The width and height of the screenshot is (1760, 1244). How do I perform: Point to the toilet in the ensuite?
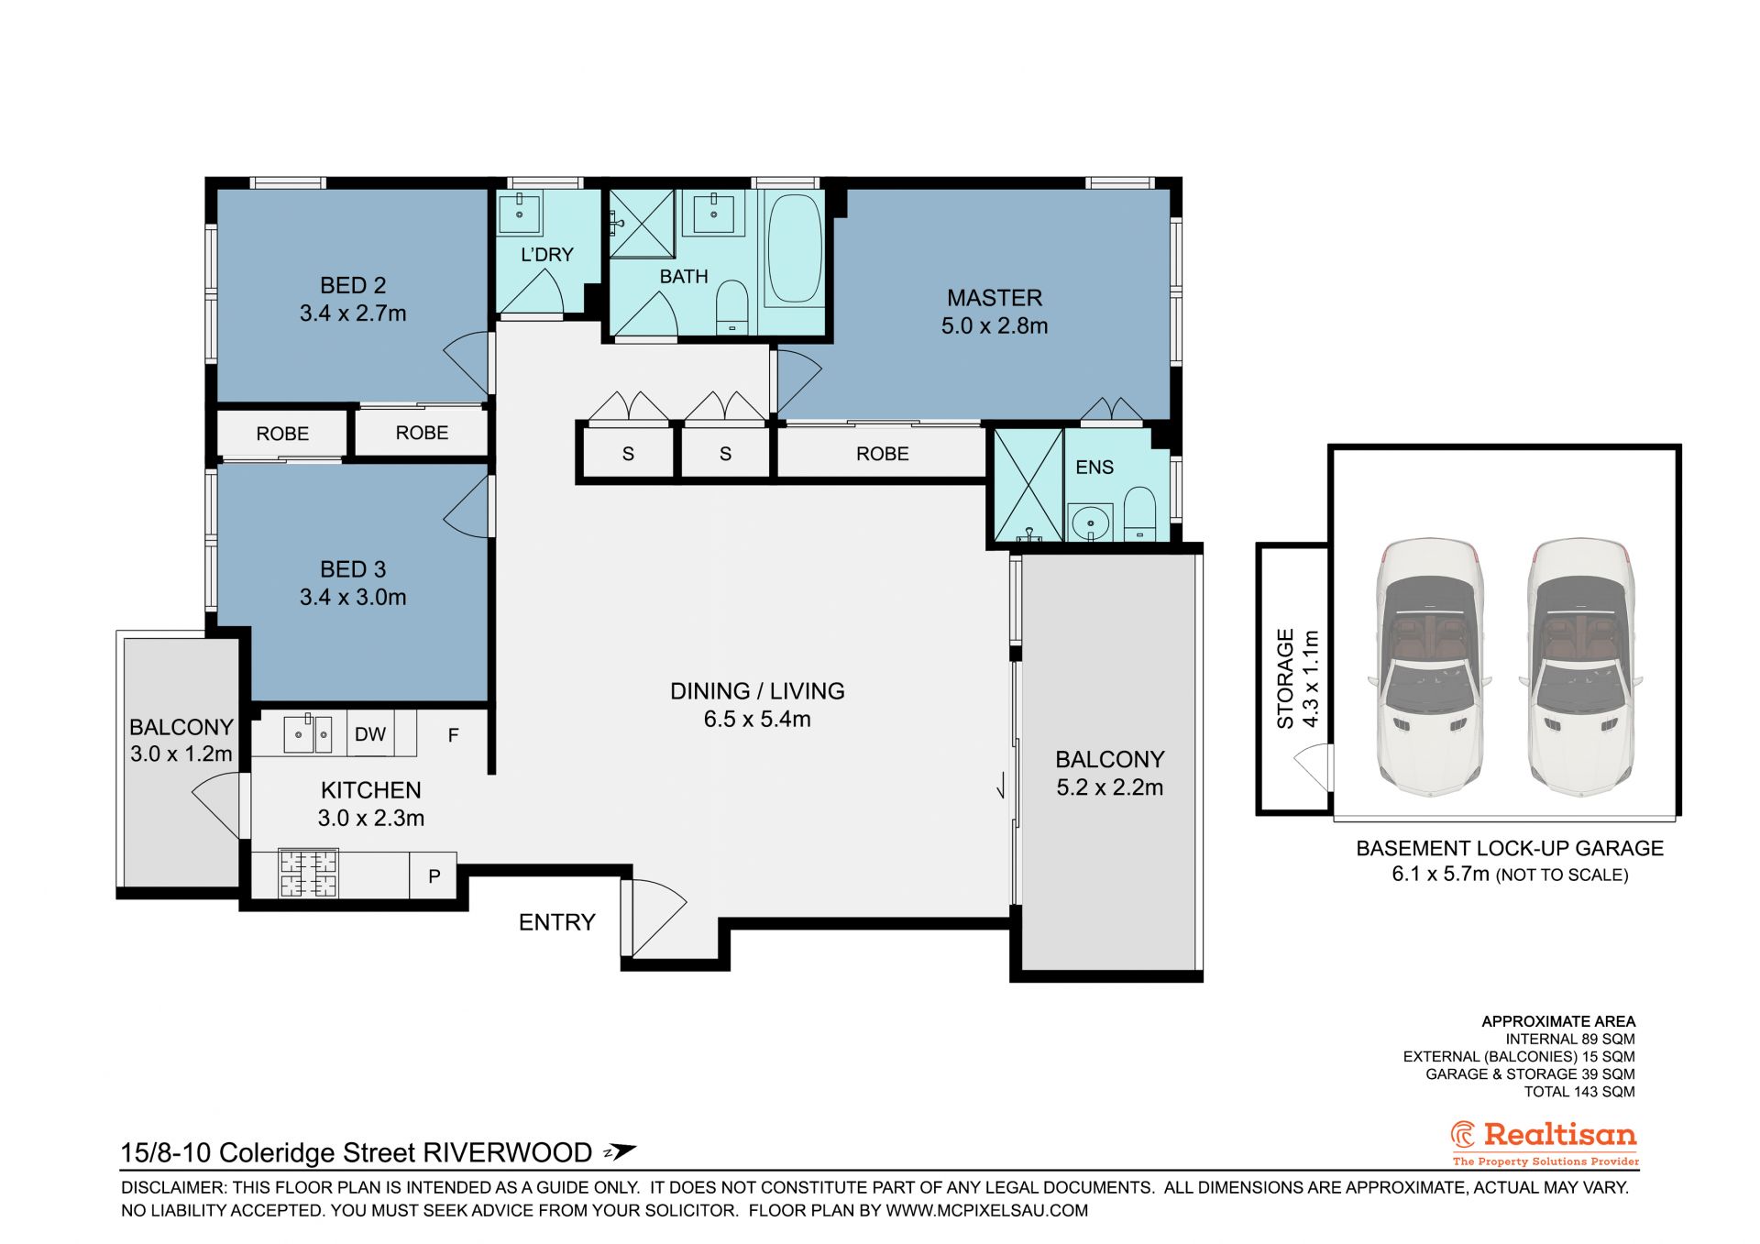(1140, 513)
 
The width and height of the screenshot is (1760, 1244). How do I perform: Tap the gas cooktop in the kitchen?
(308, 874)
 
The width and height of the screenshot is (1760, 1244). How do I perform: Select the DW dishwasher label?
(370, 734)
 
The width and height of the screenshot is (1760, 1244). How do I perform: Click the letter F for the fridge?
(453, 735)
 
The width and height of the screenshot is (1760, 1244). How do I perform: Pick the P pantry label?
(434, 876)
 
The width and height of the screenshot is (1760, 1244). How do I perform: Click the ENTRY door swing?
(654, 919)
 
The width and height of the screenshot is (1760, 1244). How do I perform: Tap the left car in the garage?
(1430, 666)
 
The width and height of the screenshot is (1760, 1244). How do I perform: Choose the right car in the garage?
(1580, 666)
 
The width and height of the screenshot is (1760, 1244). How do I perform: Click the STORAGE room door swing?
(1313, 764)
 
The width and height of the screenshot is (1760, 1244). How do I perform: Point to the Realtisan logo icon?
(1463, 1135)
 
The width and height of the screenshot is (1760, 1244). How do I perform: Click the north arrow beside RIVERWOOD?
(619, 1152)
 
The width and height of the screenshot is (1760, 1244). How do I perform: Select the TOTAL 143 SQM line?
(1579, 1092)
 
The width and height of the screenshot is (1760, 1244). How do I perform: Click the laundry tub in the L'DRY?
(520, 213)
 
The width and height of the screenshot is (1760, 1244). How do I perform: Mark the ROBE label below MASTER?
(883, 454)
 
